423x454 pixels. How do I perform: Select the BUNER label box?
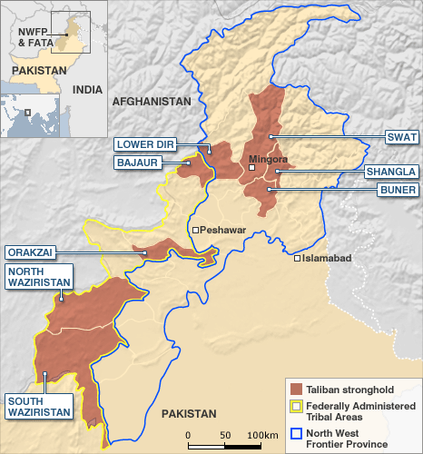pyautogui.click(x=397, y=190)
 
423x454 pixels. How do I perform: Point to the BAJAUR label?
pyautogui.click(x=137, y=163)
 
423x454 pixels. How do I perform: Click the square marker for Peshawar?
pyautogui.click(x=195, y=230)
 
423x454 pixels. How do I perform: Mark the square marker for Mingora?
pyautogui.click(x=252, y=168)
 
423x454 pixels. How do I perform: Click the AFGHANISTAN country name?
pyautogui.click(x=152, y=102)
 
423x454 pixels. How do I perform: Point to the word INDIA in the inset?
pyautogui.click(x=87, y=90)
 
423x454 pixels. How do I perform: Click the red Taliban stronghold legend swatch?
pyautogui.click(x=295, y=388)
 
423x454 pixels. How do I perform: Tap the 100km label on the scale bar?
pyautogui.click(x=262, y=436)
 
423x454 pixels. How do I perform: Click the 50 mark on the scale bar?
pyautogui.click(x=223, y=436)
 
